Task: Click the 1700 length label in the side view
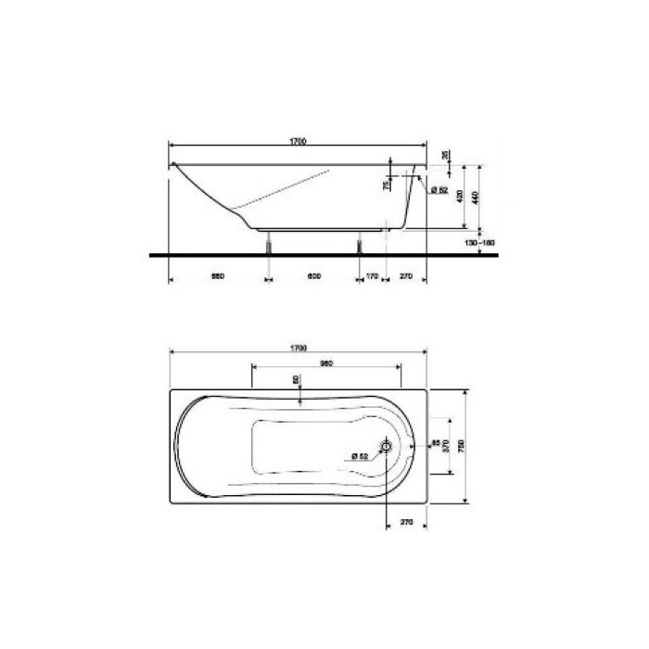point(298,142)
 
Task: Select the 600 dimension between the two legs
point(314,275)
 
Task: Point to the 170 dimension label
point(372,275)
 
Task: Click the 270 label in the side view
point(405,275)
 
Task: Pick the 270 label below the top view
point(405,523)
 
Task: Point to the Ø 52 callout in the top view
point(361,455)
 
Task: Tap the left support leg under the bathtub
point(270,242)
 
